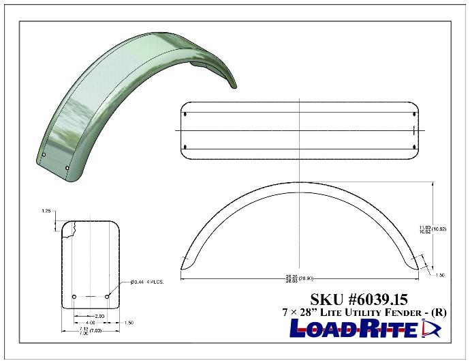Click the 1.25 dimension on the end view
(x=46, y=212)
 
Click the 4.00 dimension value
(x=90, y=323)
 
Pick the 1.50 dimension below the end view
(x=128, y=323)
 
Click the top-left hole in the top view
(x=186, y=114)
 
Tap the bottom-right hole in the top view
(x=414, y=146)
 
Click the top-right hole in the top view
(x=414, y=114)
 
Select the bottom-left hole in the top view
(x=186, y=146)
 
